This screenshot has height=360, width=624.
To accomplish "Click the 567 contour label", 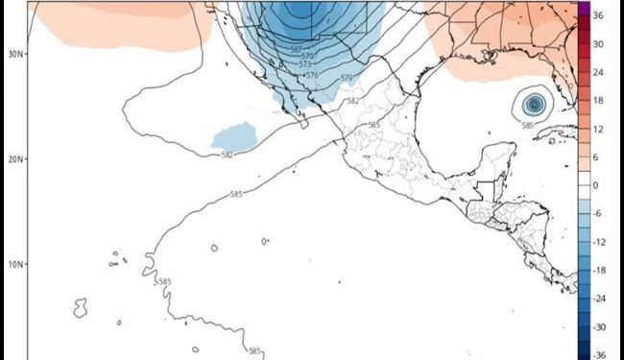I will click(x=298, y=50).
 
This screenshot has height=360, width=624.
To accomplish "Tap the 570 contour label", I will click(x=307, y=58).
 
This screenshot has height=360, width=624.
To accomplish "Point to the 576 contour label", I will click(x=313, y=74).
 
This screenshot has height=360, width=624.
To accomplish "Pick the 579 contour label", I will click(x=346, y=78).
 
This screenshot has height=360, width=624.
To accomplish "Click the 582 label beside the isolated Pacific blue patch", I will click(x=228, y=155).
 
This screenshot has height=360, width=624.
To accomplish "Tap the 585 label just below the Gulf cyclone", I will click(x=527, y=125).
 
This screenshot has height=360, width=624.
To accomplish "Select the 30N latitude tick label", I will click(x=15, y=54).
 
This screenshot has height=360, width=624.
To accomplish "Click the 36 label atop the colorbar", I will click(x=597, y=15).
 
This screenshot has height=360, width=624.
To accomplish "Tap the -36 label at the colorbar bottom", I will click(x=597, y=354).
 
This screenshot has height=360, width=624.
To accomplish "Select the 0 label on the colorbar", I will click(x=595, y=185).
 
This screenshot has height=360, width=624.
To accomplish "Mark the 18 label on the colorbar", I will click(x=597, y=100).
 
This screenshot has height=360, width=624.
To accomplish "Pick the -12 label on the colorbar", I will click(x=597, y=241).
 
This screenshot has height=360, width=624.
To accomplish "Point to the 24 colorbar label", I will click(x=597, y=72).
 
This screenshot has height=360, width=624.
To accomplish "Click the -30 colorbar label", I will click(x=597, y=326).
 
